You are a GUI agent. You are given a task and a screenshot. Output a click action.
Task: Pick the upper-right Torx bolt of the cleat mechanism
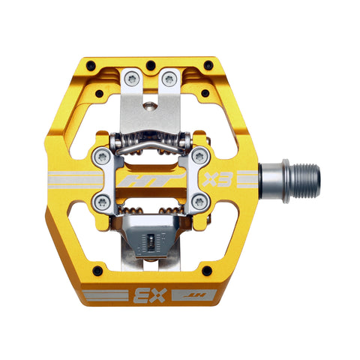(199, 156)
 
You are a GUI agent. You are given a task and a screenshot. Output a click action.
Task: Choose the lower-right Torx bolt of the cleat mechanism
(199, 201)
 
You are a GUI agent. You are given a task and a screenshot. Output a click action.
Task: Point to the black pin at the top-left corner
(91, 64)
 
